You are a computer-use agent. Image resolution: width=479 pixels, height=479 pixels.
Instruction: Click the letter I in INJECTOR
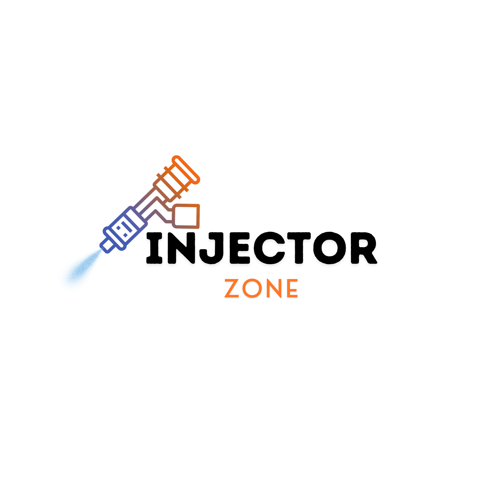[154, 248]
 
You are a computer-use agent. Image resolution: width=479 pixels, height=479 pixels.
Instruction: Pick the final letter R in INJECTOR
[364, 248]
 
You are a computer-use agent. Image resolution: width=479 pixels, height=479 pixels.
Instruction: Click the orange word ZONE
[261, 288]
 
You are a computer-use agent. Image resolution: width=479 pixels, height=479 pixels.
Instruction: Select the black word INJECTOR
[262, 248]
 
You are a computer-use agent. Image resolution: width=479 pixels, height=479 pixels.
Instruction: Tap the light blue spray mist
[82, 267]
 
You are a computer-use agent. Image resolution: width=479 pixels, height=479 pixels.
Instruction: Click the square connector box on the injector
[186, 216]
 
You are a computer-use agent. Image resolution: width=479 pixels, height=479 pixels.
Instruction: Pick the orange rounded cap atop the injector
[186, 170]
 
